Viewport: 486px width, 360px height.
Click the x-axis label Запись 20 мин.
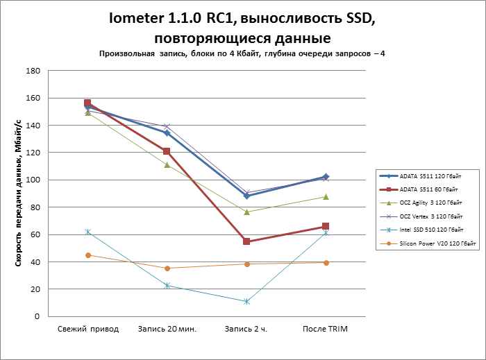coord(167,329)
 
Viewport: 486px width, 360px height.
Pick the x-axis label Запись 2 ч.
coord(246,329)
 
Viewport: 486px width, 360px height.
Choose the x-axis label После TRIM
coord(325,329)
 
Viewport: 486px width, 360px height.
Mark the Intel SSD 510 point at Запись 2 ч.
coord(246,301)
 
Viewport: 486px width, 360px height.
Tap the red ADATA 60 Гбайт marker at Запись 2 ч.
coord(246,241)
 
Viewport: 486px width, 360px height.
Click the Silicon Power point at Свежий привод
coord(87,255)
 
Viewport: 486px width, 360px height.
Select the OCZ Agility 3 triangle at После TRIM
coord(326,197)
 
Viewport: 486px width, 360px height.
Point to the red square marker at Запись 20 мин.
coord(167,151)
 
